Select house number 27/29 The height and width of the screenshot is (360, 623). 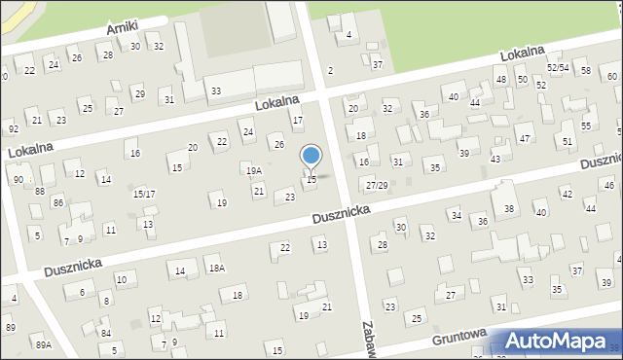[x=377, y=185]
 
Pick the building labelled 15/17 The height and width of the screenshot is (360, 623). [x=143, y=194]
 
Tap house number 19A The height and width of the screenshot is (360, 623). [x=253, y=170]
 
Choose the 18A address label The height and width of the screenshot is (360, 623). [x=216, y=268]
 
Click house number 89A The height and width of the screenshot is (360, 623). [x=43, y=345]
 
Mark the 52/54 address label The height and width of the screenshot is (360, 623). [x=557, y=67]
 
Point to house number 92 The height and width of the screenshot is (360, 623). [x=13, y=128]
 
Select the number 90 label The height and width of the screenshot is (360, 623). [x=18, y=180]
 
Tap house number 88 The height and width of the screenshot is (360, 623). [x=39, y=191]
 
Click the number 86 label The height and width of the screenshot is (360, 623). [x=58, y=202]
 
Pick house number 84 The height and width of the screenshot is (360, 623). [x=105, y=333]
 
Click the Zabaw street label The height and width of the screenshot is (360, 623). [x=368, y=341]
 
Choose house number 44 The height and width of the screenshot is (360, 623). [x=474, y=102]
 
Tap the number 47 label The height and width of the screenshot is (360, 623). [x=524, y=139]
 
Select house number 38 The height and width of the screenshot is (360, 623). [x=508, y=209]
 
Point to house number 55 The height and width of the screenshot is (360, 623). [x=585, y=126]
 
